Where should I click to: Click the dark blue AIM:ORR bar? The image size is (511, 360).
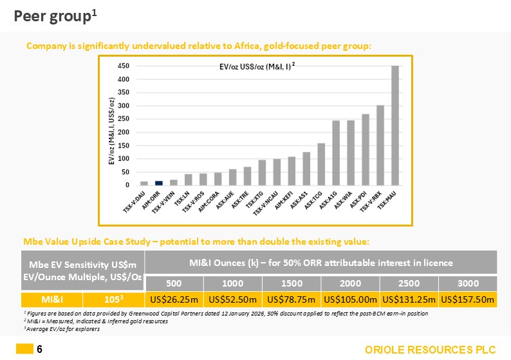[159, 183]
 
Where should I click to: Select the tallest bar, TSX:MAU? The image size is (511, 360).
[395, 126]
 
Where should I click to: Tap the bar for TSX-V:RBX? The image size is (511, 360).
[380, 146]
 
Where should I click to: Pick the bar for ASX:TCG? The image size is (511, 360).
[321, 164]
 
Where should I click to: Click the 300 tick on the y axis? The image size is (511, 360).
[124, 106]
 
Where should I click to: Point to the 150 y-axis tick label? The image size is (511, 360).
[124, 146]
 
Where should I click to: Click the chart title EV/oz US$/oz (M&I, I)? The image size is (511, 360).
[254, 66]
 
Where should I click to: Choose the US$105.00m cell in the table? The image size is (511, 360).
[349, 299]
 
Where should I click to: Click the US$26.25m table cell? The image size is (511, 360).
[174, 299]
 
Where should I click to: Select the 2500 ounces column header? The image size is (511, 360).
[409, 283]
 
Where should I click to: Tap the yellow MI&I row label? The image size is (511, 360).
[53, 299]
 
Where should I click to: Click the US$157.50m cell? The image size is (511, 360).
[467, 299]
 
